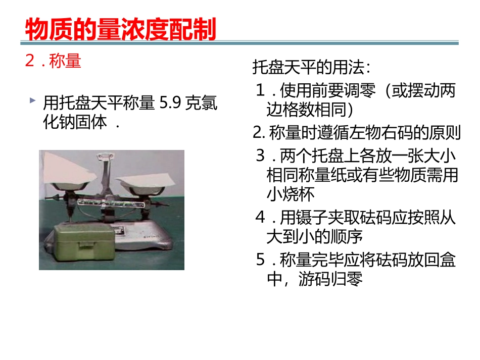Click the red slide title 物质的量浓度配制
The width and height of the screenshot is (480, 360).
[x=120, y=29]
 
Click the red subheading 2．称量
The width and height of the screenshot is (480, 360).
[x=53, y=61]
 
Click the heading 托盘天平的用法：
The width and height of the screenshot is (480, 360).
[x=312, y=67]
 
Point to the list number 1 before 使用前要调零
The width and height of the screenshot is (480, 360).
[x=261, y=91]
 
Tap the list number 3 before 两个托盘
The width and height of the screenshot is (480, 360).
[x=261, y=155]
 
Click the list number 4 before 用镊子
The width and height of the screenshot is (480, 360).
[x=261, y=218]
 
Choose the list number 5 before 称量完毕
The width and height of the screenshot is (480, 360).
[x=261, y=261]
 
